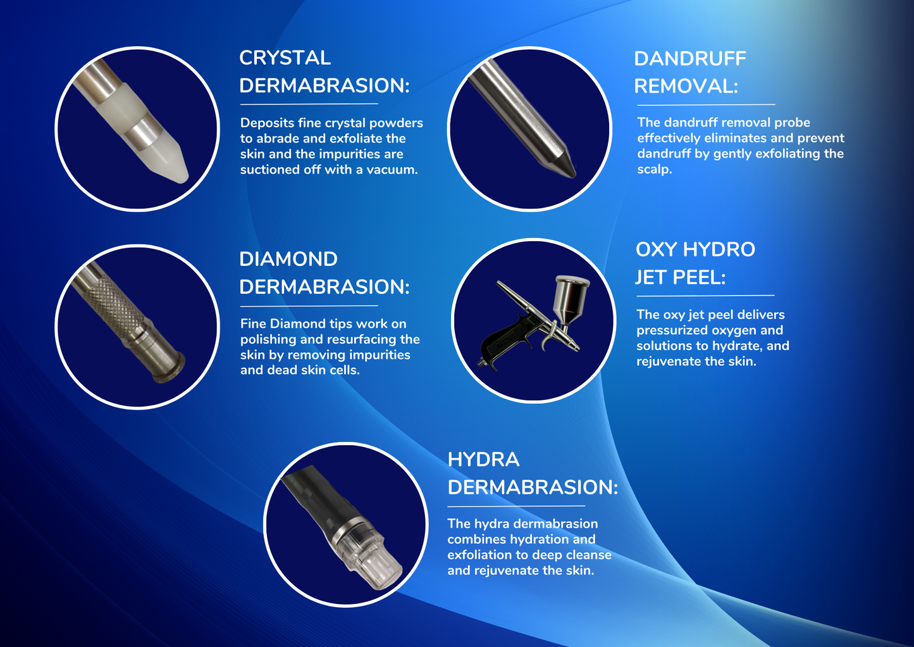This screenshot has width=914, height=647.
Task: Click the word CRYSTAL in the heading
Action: (x=285, y=58)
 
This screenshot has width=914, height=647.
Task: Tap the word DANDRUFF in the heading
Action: (x=690, y=59)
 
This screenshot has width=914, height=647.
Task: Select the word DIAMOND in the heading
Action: (x=288, y=259)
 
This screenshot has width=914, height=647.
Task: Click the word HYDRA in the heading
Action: (x=483, y=460)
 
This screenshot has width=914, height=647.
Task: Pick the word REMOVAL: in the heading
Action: (x=686, y=87)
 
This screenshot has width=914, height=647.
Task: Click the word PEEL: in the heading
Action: (x=698, y=277)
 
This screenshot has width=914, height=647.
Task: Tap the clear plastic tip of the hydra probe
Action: (x=371, y=559)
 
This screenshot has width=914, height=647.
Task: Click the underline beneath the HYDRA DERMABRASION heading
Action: (x=516, y=506)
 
